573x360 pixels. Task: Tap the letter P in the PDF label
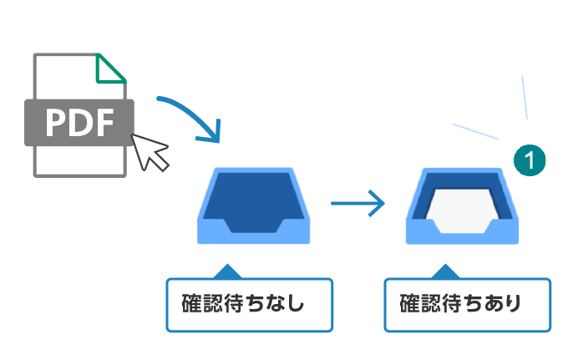click(57, 123)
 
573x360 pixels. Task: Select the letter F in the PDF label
click(103, 123)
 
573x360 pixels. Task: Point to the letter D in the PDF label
click(79, 123)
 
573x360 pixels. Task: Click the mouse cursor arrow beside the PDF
click(150, 151)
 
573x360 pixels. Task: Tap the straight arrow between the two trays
click(357, 203)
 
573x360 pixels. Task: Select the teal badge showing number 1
click(530, 159)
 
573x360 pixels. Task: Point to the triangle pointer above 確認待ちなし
click(226, 271)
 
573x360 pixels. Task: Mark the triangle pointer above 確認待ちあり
click(446, 271)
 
